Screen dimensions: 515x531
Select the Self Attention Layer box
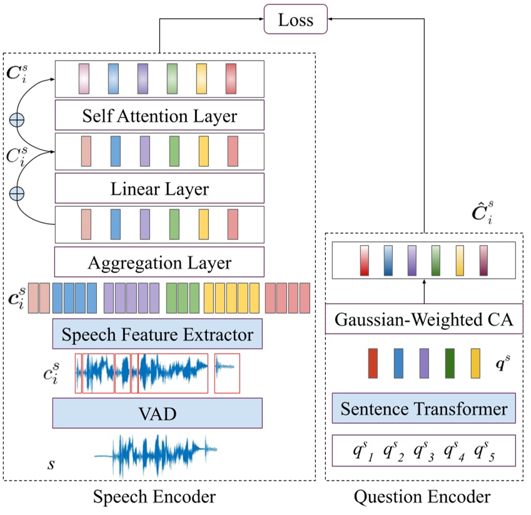point(159,116)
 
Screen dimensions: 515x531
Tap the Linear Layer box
point(159,188)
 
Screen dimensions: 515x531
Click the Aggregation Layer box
point(159,262)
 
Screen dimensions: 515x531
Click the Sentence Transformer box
point(424,409)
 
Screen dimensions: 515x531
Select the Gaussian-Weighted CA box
point(424,322)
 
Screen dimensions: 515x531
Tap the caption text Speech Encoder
point(154,497)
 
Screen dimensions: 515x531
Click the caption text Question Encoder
point(422,497)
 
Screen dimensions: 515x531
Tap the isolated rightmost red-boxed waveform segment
point(226,373)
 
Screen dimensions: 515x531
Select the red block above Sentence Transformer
point(373,364)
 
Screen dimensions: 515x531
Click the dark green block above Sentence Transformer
point(450,364)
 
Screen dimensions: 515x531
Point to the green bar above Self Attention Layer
point(172,79)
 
